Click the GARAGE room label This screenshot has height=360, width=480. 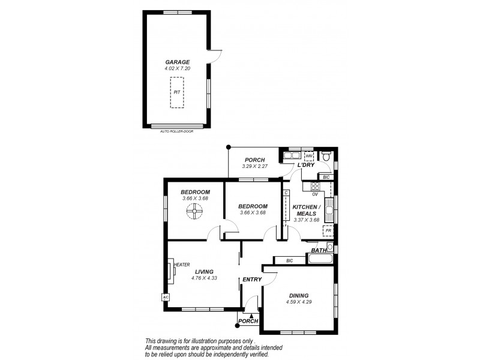[x=177, y=62]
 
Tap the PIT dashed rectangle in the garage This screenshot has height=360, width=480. [x=177, y=92]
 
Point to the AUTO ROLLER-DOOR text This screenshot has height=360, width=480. [x=176, y=131]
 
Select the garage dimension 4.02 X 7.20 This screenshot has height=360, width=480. [x=177, y=68]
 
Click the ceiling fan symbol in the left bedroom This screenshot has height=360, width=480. [x=194, y=211]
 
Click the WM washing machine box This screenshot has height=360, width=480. [x=308, y=157]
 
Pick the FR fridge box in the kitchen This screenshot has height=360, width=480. [x=328, y=230]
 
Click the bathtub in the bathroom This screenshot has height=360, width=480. [x=321, y=259]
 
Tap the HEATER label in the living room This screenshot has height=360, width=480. [x=182, y=264]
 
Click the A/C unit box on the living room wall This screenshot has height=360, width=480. [x=164, y=296]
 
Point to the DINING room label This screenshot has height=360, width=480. [x=298, y=295]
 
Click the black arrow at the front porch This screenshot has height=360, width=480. [x=251, y=315]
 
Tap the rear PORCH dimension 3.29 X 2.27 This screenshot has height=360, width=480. [x=254, y=166]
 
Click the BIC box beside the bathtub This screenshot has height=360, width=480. [x=289, y=260]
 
